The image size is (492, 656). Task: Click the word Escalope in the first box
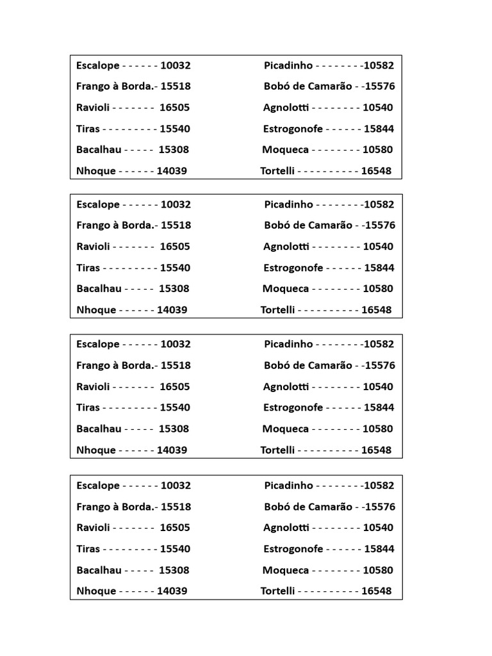click(x=98, y=65)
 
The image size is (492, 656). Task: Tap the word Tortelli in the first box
click(x=277, y=171)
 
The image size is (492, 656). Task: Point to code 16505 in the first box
click(x=174, y=108)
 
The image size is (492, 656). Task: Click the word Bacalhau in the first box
click(x=99, y=150)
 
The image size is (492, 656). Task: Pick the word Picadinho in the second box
click(x=288, y=204)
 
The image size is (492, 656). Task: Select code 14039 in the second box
click(x=172, y=310)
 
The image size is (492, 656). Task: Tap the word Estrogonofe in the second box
click(x=293, y=268)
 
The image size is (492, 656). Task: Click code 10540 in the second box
click(x=378, y=247)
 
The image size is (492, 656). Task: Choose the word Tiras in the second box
click(x=88, y=268)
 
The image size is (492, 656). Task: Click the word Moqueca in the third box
click(x=285, y=429)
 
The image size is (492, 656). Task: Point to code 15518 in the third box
click(x=176, y=366)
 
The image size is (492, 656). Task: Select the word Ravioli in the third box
click(x=94, y=387)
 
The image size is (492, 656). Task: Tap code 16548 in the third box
click(x=376, y=450)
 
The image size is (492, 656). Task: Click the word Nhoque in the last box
click(x=96, y=591)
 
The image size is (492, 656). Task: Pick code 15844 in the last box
click(x=379, y=549)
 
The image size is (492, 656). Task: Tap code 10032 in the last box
click(x=176, y=486)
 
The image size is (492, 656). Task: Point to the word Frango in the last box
click(x=94, y=507)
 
